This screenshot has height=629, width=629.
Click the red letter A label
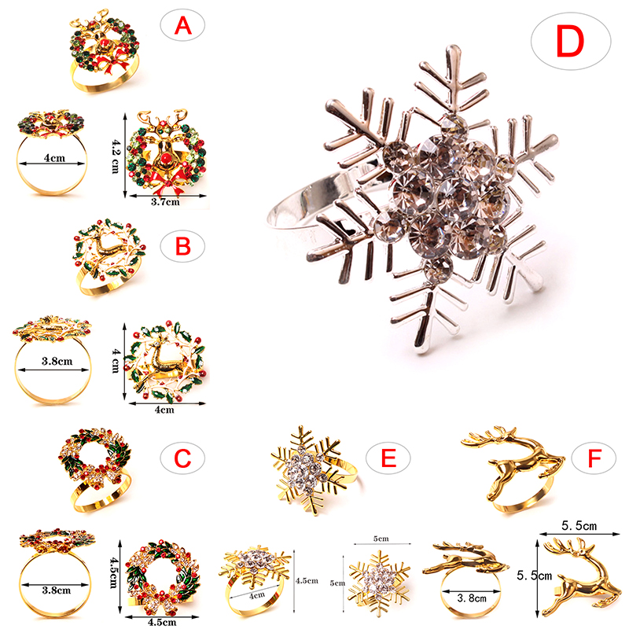point(183,26)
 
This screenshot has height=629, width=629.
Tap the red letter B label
point(183,246)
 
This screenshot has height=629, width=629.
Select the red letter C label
point(182,458)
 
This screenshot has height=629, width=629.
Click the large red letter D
point(570,42)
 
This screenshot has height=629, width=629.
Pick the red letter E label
point(388,458)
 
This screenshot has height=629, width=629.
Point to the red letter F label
point(594,458)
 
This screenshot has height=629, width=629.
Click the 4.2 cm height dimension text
point(115,156)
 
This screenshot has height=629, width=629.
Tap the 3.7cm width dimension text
point(165,202)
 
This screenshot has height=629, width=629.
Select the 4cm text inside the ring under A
point(54,158)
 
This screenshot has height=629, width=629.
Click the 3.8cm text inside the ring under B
point(57,361)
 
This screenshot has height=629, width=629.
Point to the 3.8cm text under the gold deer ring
point(472,598)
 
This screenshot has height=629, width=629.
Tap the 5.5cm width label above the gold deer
point(579,525)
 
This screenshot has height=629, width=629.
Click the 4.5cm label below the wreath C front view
point(162,622)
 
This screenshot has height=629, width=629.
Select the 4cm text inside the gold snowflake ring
point(257,595)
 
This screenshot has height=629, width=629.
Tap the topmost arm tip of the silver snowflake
point(453,47)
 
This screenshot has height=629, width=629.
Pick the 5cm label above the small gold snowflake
point(381,539)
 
